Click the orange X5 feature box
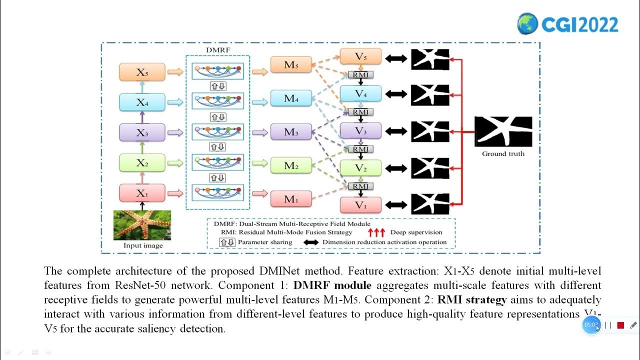[x=141, y=72]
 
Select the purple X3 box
[x=141, y=132]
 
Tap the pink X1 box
[x=141, y=193]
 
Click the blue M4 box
[x=290, y=98]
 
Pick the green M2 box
[x=290, y=165]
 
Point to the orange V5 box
[x=360, y=56]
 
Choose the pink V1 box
[x=360, y=204]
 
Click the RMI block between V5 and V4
[x=360, y=75]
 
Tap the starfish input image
[x=142, y=225]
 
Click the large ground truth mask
[x=503, y=131]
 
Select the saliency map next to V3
[x=430, y=131]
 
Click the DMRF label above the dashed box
[x=218, y=50]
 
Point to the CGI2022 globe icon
[x=527, y=23]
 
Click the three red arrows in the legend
[x=376, y=232]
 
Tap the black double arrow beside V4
[x=396, y=94]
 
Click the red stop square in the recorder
[x=620, y=325]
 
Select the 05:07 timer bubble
[x=591, y=325]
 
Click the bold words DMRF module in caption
[x=332, y=285]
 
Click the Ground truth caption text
[x=503, y=153]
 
